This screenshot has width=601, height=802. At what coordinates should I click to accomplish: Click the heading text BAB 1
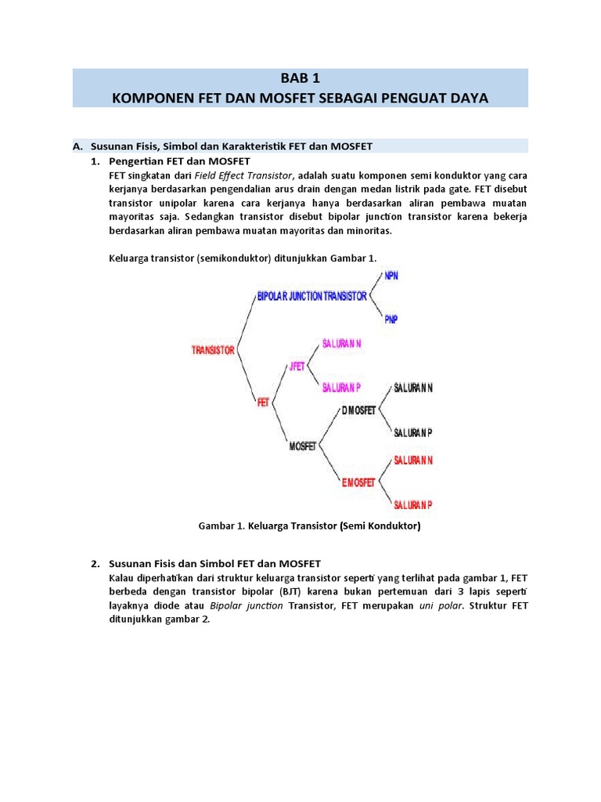300,78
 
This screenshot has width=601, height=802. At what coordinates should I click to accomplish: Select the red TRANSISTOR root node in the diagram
213,350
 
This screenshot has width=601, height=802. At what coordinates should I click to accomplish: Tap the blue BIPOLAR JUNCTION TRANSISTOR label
312,296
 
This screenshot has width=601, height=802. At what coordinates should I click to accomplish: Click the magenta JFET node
297,367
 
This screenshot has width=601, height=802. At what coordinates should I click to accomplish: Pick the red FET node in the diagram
263,403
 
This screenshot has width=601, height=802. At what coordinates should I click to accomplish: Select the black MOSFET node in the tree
303,446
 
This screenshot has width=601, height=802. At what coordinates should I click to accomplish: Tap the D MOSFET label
358,410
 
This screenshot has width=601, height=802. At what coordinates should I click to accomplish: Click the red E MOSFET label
359,482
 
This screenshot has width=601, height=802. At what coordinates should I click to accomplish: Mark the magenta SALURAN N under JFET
342,344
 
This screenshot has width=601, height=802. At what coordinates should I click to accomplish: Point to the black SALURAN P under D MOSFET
413,432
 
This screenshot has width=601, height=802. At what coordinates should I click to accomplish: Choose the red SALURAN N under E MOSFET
413,460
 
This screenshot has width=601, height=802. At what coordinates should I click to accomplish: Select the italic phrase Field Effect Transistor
243,175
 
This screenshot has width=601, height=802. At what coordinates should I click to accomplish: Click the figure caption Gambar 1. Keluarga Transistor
310,526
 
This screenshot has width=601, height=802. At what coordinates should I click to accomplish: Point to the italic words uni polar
441,606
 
